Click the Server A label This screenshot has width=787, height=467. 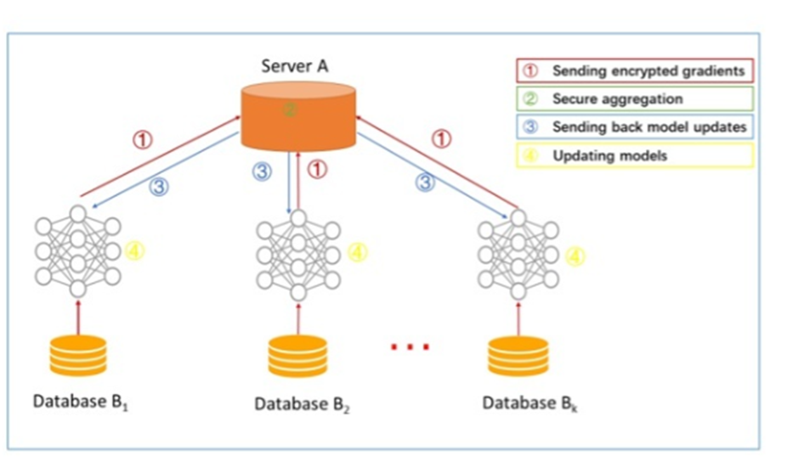(x=295, y=65)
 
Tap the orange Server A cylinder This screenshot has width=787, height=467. (x=298, y=115)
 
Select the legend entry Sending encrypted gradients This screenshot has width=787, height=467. (x=635, y=70)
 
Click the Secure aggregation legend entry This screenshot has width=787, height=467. (x=635, y=98)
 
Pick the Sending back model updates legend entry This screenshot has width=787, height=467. (x=635, y=127)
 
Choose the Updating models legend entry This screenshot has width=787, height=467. (x=635, y=155)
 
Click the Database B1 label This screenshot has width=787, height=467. (x=80, y=402)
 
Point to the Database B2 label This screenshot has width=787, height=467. (x=302, y=404)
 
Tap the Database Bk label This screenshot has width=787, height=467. (x=529, y=403)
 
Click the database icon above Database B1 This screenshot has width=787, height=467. (x=78, y=356)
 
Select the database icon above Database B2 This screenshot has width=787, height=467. (x=297, y=357)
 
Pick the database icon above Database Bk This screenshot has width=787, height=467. (x=518, y=357)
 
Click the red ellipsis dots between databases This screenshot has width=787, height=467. (x=410, y=346)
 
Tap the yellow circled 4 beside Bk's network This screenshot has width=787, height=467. (x=575, y=256)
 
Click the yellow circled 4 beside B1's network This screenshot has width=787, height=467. (x=134, y=250)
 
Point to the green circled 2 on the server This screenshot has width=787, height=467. (x=290, y=110)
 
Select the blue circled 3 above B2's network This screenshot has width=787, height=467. (x=262, y=172)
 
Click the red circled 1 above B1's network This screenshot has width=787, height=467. (x=143, y=139)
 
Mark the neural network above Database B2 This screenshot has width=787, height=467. (x=298, y=256)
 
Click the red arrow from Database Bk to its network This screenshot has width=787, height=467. (x=518, y=318)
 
